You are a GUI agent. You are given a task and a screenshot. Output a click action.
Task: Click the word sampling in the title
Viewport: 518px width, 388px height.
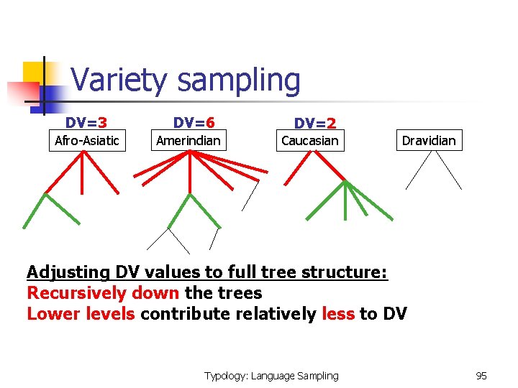pos(239,81)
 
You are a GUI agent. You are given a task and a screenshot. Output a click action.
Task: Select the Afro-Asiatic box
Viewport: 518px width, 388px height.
pos(87,140)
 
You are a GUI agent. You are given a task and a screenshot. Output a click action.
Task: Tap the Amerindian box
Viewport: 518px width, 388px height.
pos(188,140)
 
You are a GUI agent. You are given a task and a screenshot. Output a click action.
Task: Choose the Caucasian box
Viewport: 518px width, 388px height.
pos(309,140)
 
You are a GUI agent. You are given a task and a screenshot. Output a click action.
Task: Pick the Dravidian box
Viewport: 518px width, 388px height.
pos(429,140)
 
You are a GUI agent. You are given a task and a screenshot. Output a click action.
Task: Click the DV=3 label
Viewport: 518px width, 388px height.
pos(86,124)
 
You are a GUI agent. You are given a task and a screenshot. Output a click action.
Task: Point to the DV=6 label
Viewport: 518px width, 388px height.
pos(194,124)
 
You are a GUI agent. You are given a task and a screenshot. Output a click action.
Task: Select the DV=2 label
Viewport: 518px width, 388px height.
pos(314,124)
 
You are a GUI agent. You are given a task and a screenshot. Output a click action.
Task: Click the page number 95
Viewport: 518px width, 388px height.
pos(481,376)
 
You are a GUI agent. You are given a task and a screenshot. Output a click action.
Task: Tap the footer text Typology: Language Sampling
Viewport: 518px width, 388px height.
pos(271,376)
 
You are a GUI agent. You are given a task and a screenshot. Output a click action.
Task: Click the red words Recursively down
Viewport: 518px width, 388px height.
pos(103,293)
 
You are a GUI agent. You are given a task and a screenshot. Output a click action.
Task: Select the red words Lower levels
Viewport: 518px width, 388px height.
pos(81,314)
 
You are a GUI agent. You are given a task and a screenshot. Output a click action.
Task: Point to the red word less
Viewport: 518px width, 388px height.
pos(338,314)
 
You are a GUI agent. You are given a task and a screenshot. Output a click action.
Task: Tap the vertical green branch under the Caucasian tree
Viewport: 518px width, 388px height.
pos(346,199)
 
